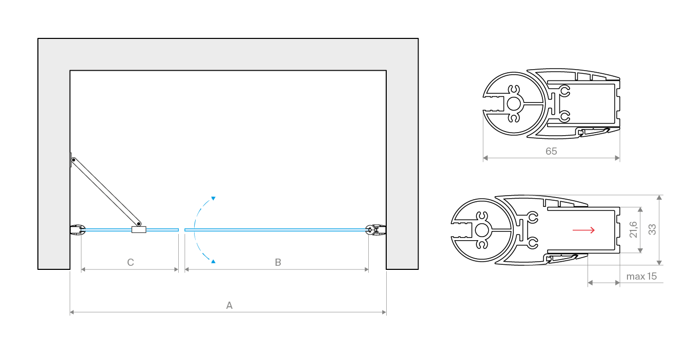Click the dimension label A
(x=229, y=305)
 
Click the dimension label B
(x=278, y=262)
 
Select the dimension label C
(x=131, y=262)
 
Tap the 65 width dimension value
(x=551, y=151)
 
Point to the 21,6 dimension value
(x=633, y=229)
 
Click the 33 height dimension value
(x=652, y=229)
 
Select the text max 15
(x=641, y=276)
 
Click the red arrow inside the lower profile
(x=583, y=230)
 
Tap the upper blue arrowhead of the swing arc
(x=213, y=198)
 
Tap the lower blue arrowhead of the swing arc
(x=213, y=261)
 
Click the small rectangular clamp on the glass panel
(x=139, y=230)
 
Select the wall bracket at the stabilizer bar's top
(x=71, y=160)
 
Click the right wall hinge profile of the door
(x=376, y=230)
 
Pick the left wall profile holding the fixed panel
(x=78, y=230)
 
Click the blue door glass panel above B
(x=277, y=230)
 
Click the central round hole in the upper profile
(x=514, y=104)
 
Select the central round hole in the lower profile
(x=482, y=230)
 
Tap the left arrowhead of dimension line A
(x=72, y=312)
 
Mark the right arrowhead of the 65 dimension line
(x=618, y=158)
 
